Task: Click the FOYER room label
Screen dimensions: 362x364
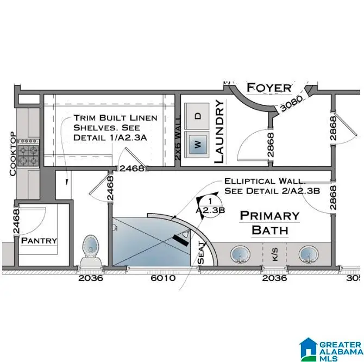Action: point(269,88)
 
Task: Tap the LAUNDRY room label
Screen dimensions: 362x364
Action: point(219,132)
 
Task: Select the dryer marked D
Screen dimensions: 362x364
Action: point(198,115)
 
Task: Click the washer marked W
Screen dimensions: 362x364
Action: point(198,144)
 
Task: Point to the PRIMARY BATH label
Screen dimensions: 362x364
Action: point(269,223)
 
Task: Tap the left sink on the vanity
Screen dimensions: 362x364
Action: point(239,254)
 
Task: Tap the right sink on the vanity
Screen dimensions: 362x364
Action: point(308,254)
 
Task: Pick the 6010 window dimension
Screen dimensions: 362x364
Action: point(162,278)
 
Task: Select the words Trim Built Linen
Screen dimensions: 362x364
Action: point(115,117)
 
